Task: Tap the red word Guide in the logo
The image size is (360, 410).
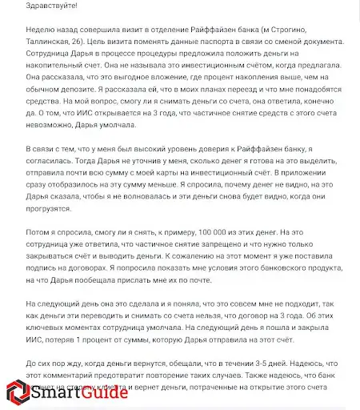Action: pos(102,392)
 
